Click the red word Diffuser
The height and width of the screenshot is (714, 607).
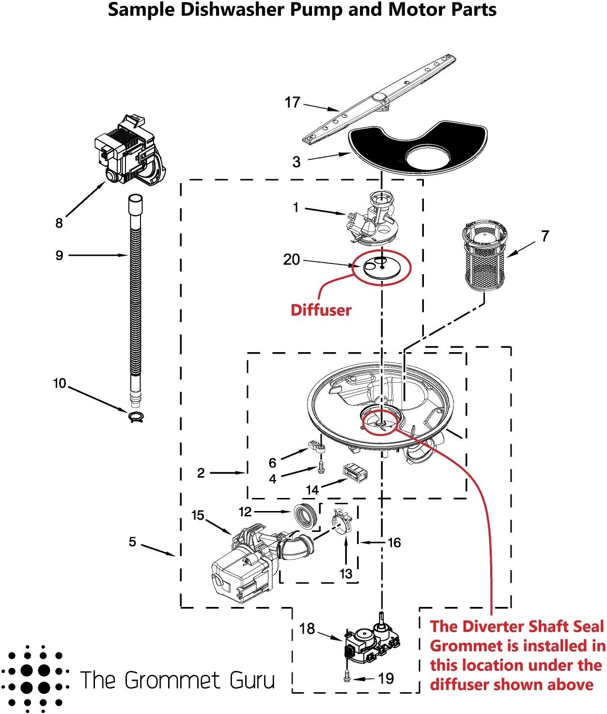click(321, 310)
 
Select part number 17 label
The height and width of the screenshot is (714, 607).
click(292, 103)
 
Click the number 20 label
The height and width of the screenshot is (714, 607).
click(292, 260)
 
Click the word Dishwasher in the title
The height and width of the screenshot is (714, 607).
click(228, 10)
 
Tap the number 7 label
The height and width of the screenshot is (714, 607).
click(545, 236)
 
